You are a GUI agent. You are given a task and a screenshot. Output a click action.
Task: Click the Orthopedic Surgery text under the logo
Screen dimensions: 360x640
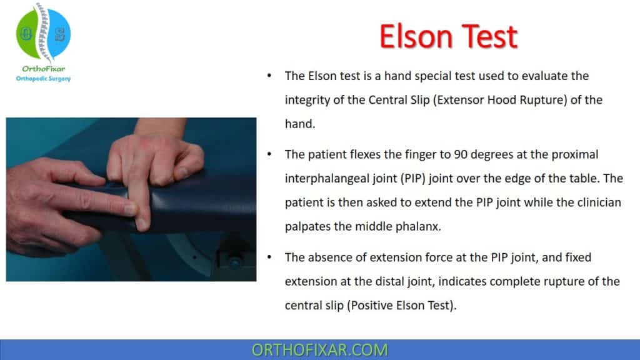pyautogui.click(x=43, y=79)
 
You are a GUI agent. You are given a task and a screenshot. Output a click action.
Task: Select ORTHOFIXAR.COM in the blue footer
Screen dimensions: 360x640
pyautogui.click(x=320, y=349)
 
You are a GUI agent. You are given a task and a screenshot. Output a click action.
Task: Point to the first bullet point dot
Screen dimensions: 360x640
pyautogui.click(x=269, y=77)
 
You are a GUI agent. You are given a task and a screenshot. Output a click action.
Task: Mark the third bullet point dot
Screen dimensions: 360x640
pyautogui.click(x=269, y=257)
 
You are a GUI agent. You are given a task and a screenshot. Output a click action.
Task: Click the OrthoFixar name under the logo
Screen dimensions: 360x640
pyautogui.click(x=42, y=69)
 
